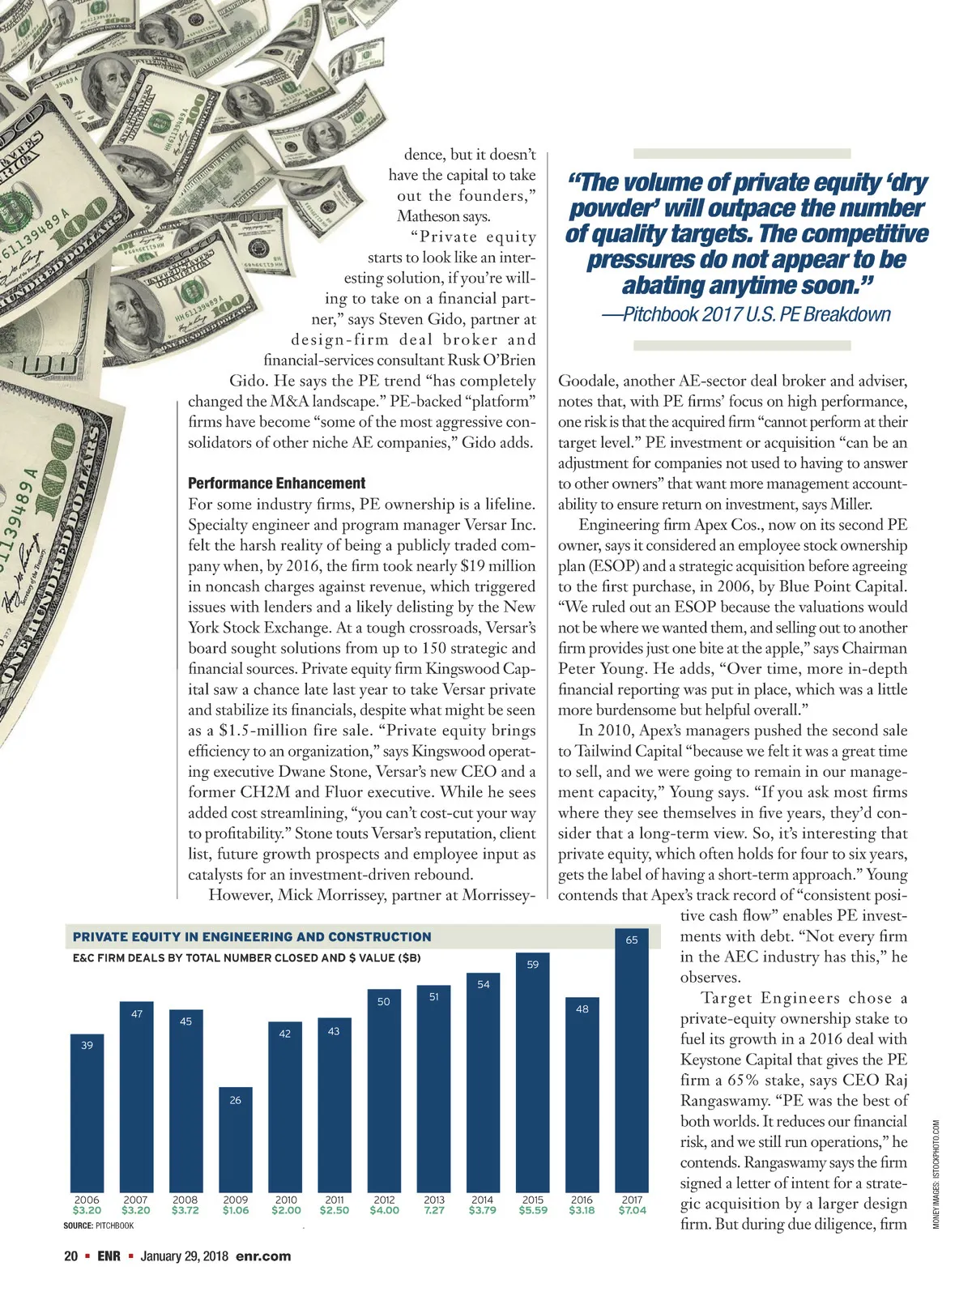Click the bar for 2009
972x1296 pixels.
(x=235, y=1138)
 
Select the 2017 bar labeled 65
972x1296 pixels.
(x=632, y=1061)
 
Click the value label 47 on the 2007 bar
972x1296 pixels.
(x=137, y=1013)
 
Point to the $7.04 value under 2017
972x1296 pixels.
(x=632, y=1210)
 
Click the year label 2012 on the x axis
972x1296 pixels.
(x=384, y=1200)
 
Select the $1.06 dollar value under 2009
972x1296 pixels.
(x=236, y=1210)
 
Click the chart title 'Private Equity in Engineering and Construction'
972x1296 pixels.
(x=252, y=936)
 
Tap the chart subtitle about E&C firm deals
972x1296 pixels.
(x=247, y=957)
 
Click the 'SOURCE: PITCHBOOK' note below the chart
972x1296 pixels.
(x=98, y=1226)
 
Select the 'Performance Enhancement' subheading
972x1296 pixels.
(x=276, y=484)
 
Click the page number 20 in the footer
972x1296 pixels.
(x=71, y=1256)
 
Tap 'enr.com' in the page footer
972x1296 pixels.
(x=263, y=1256)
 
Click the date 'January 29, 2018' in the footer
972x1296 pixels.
(x=185, y=1256)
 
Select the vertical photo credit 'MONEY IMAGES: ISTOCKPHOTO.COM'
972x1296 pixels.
(x=936, y=1174)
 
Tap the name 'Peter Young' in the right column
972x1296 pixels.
(x=599, y=669)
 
